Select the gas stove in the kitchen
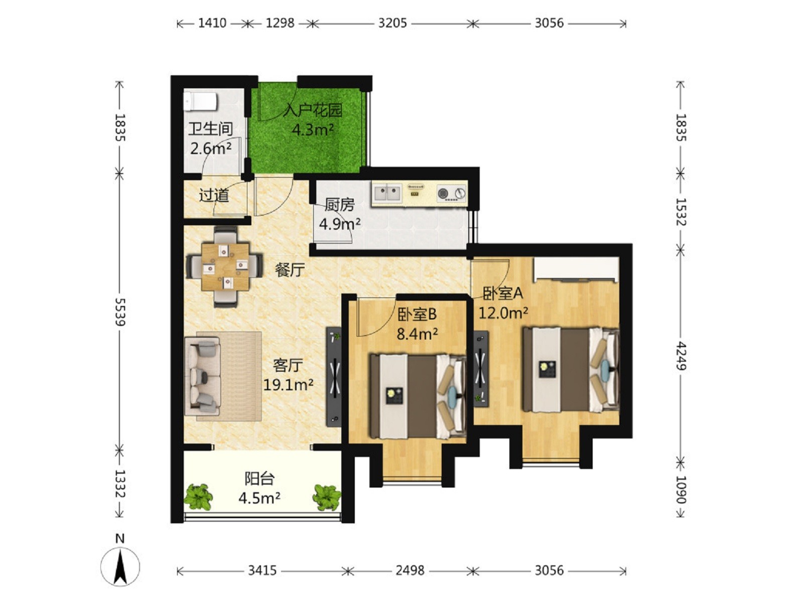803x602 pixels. (451, 193)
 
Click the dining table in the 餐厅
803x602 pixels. (225, 266)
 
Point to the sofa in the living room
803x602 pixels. (203, 376)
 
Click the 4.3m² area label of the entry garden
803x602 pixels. (313, 129)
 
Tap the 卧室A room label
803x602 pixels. (503, 293)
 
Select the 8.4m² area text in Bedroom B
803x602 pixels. (418, 334)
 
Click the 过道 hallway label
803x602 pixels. (214, 195)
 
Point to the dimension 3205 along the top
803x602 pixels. (392, 24)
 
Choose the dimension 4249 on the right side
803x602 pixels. (681, 356)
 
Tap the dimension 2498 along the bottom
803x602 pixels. (410, 570)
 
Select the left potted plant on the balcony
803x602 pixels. (198, 496)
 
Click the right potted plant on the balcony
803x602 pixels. (327, 497)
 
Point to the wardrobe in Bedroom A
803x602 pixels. (576, 269)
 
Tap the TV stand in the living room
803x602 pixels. (334, 376)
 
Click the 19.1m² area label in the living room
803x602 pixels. (288, 384)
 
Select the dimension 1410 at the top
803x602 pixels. (212, 24)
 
